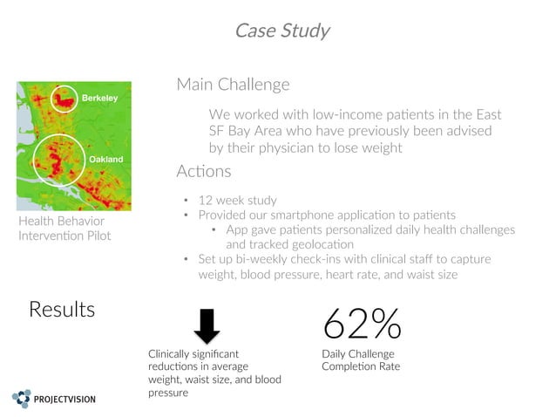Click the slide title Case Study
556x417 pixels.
[x=281, y=31]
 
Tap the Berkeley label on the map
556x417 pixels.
[x=99, y=98]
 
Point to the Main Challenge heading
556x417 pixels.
[x=233, y=85]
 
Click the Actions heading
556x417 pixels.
[x=204, y=171]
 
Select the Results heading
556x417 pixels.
[x=62, y=309]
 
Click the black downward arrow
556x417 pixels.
[x=207, y=327]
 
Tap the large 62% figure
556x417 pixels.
[x=362, y=324]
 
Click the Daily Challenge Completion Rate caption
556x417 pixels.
[x=361, y=360]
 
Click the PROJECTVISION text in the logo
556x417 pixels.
[x=65, y=400]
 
